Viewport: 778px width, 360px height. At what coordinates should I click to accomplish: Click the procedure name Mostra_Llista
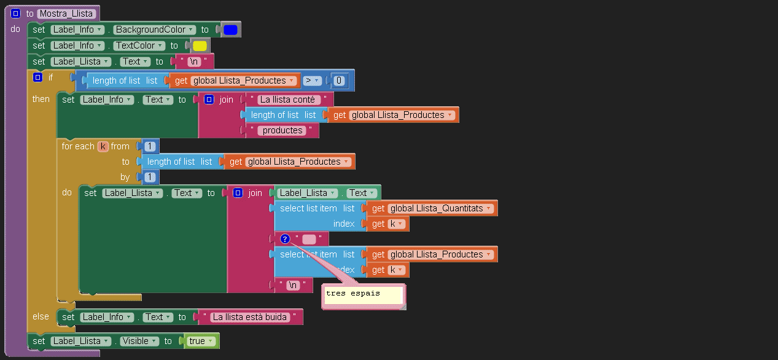66,14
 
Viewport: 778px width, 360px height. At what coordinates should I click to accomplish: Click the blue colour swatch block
230,29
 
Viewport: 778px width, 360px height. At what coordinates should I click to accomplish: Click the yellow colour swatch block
200,45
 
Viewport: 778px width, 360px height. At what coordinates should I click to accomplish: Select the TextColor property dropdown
139,45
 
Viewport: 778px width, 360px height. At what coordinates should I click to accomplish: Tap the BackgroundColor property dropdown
155,29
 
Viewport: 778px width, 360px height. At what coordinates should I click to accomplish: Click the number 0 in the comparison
339,80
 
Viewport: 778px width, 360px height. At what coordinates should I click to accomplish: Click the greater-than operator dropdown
313,80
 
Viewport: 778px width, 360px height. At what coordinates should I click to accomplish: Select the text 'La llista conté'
287,100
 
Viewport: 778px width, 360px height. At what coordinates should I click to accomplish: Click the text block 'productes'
282,130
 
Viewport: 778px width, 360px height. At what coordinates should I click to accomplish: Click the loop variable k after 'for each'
103,146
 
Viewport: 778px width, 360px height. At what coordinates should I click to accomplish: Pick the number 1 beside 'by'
149,177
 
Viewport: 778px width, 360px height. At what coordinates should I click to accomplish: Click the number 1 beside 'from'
149,146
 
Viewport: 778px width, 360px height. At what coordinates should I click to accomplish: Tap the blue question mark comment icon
285,239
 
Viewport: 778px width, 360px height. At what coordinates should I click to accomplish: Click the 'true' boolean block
201,341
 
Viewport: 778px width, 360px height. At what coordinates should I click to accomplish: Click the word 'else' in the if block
41,316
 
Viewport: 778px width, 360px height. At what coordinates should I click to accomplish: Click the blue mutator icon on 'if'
37,77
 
